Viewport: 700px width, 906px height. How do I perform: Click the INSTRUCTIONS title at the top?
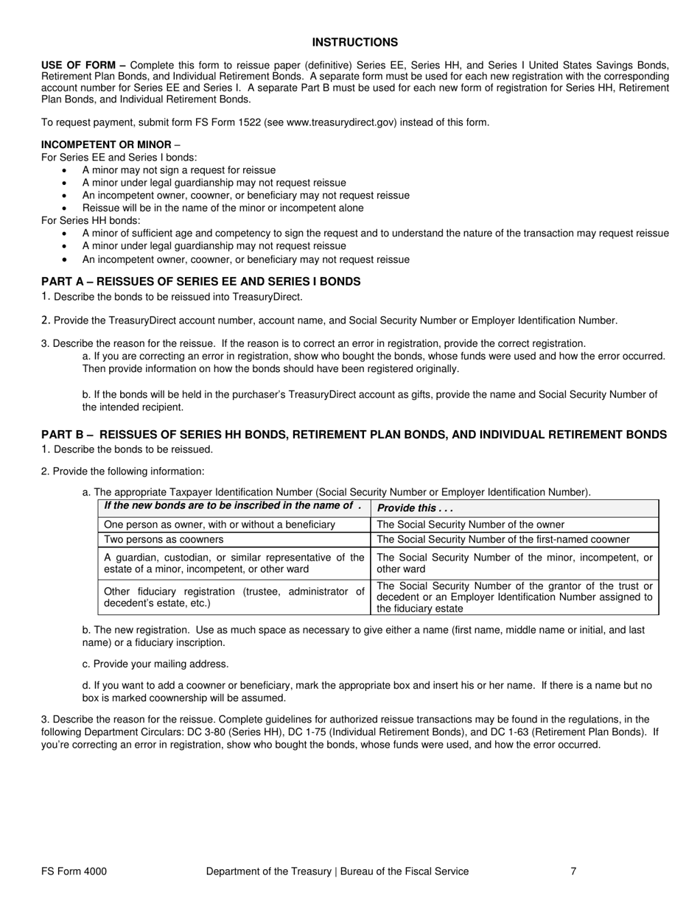[354, 43]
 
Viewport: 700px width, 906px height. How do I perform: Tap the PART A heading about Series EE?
[200, 281]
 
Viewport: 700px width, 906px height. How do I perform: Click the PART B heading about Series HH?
[354, 435]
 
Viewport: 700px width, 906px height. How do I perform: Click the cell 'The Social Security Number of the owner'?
[470, 524]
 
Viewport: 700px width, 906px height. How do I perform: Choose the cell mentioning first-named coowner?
[503, 539]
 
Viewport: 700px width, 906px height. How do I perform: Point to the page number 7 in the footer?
[573, 871]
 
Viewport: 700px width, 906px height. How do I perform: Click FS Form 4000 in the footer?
[74, 871]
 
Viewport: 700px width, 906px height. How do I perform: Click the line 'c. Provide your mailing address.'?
[155, 664]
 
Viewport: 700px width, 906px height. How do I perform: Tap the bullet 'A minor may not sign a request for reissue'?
[179, 170]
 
